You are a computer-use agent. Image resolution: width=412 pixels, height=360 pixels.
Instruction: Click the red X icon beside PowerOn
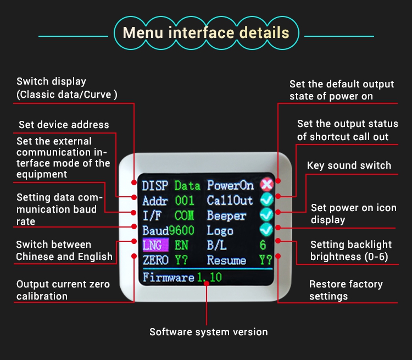point(266,185)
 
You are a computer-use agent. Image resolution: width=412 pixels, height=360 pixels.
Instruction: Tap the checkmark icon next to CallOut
point(266,200)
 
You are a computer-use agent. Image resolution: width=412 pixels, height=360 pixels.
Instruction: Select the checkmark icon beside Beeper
point(266,215)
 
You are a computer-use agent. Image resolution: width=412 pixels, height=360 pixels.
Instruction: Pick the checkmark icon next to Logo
point(266,230)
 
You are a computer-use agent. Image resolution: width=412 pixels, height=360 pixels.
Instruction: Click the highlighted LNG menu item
point(152,245)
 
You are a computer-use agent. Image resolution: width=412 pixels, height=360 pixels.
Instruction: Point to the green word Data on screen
point(187,186)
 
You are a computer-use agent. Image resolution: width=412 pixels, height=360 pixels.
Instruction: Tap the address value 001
point(185,201)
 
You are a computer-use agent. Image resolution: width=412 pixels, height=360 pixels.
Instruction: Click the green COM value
point(185,215)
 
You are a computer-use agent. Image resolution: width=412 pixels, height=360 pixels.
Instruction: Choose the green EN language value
point(181,245)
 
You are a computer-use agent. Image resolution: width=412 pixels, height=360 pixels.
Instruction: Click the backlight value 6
point(263,245)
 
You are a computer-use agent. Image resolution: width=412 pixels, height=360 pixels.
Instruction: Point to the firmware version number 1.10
point(209,277)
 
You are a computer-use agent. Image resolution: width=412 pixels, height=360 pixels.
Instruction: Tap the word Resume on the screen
point(226,260)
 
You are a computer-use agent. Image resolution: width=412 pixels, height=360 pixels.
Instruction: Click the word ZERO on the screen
point(155,260)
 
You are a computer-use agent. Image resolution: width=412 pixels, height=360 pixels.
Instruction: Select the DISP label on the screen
point(155,186)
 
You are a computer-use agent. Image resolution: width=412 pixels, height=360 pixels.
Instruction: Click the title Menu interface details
point(206,32)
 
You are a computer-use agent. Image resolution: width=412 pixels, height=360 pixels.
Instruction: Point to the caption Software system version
point(209,331)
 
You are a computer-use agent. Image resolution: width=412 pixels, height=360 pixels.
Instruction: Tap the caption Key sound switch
point(349,165)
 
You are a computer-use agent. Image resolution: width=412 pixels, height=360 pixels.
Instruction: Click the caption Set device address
point(64,125)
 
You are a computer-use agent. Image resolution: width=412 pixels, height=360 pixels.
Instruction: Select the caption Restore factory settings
point(346,290)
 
